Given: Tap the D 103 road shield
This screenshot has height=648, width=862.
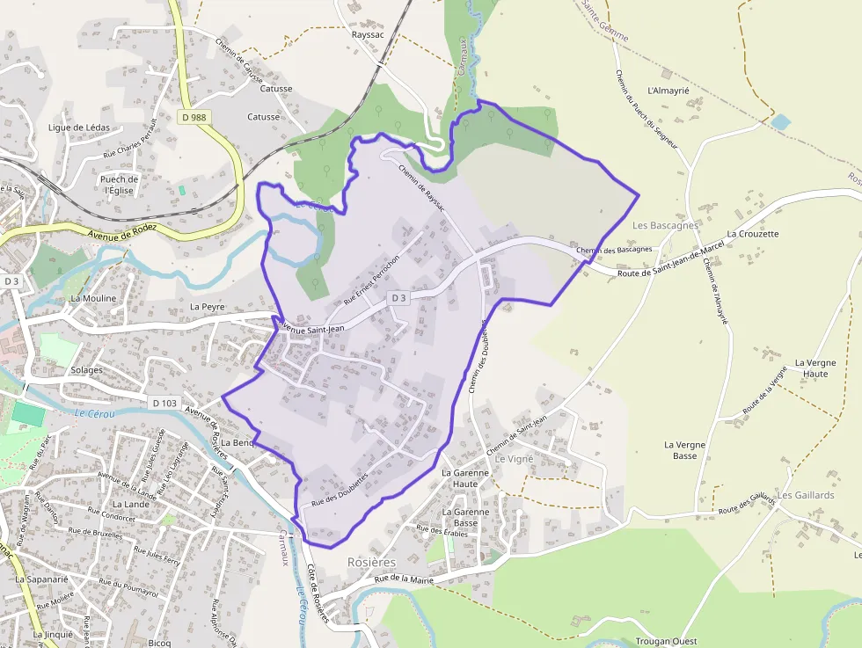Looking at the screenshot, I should pos(164,403).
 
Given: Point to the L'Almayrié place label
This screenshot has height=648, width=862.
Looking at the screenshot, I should pos(668,91).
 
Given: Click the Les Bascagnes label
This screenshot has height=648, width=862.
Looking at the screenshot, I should pos(665,225).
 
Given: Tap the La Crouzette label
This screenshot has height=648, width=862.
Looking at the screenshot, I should pos(753,235).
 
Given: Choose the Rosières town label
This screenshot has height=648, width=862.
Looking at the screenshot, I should pos(372,561).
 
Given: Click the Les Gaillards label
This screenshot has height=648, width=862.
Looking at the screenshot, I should pos(806,495).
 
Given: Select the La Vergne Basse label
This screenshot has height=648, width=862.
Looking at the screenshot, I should pos(685,450).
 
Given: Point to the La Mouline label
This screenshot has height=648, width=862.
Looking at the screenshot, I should pos(93,298).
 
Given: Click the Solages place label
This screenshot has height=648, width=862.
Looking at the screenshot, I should pos(87,370).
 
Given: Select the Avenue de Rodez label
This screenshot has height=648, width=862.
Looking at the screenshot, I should pos(122,231).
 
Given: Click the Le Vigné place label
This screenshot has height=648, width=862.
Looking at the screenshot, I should pos(515,459).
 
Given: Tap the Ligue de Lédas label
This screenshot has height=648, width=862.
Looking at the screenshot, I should pos(79,127).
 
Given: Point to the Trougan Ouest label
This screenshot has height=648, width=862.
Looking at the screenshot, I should pos(666,642).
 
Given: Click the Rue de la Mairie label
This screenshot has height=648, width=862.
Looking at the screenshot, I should pos(405,578).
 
